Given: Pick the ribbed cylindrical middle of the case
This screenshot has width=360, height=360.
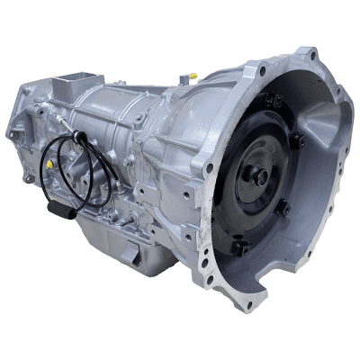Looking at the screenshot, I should point(126,117).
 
